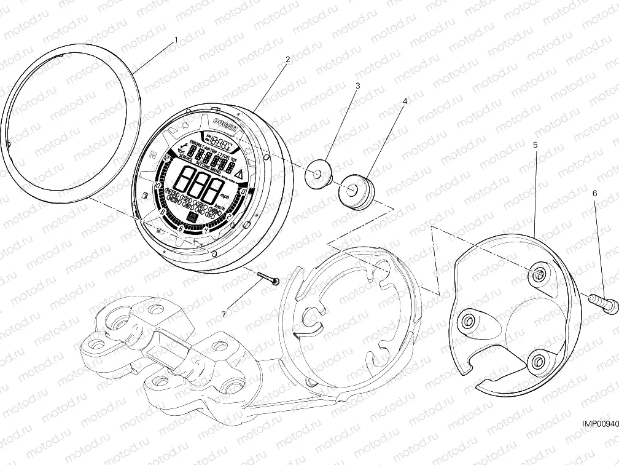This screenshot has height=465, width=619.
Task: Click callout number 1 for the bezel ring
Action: point(176,39)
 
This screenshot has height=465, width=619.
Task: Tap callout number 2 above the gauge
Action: point(287,60)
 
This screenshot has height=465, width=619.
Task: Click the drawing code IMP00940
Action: point(599,424)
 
